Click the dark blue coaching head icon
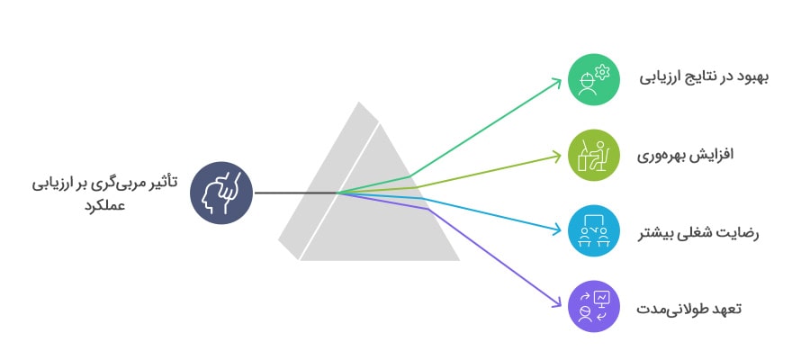click(221, 193)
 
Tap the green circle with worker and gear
click(594, 79)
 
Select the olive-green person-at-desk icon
click(594, 155)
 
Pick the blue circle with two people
click(594, 230)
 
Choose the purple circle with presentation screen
click(594, 306)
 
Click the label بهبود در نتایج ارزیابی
click(704, 78)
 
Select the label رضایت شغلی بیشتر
click(698, 232)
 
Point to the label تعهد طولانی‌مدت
click(688, 309)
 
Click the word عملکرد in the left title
click(105, 205)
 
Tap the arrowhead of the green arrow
click(557, 82)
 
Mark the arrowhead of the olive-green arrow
click(556, 156)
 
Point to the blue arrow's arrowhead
click(556, 229)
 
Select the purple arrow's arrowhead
click(557, 303)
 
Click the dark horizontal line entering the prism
click(295, 193)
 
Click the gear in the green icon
click(602, 73)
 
